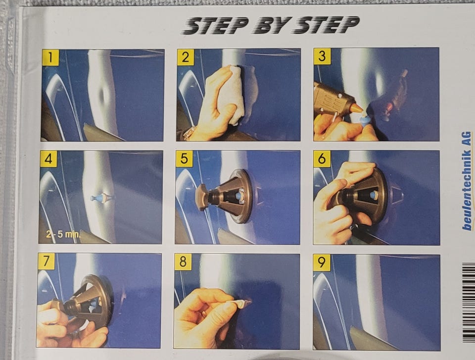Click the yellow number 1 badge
pos(50,57)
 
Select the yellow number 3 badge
pos(322,56)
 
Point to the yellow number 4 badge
pos(48,158)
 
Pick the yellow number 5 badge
pos(184,158)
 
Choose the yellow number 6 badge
pos(322,158)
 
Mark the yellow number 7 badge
pos(46,261)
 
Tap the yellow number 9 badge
pos(322,262)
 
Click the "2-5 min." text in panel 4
pos(63,234)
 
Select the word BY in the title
pos(272,25)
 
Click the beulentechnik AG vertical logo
pos(467,181)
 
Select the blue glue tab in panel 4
pos(96,198)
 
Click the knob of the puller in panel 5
pos(202,197)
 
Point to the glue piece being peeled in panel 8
pos(240,304)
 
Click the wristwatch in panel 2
pos(190,133)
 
